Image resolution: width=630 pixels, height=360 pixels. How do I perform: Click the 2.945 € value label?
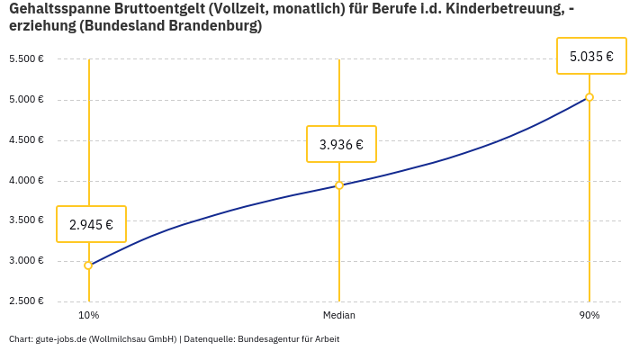[91, 224]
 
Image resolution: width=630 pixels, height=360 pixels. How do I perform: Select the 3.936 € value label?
[341, 144]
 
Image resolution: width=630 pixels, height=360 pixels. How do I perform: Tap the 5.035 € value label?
[590, 56]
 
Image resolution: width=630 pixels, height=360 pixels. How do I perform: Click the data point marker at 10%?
[88, 265]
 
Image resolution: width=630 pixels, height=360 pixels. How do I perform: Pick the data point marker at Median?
[339, 185]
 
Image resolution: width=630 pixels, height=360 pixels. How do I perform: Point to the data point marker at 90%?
[589, 97]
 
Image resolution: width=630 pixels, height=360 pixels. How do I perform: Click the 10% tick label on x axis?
[88, 315]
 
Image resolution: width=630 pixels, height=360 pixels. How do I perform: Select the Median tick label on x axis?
[339, 315]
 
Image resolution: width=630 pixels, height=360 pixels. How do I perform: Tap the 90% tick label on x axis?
[589, 315]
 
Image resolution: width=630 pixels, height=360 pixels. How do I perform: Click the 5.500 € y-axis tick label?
[26, 59]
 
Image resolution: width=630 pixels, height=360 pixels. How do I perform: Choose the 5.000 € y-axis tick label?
[26, 100]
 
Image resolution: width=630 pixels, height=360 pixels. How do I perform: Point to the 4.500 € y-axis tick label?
[26, 140]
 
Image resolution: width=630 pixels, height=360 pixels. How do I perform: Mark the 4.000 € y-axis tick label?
[26, 181]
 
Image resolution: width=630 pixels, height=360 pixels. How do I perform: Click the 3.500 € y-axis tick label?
[26, 220]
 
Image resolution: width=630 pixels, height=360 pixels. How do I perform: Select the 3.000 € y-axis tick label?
[26, 261]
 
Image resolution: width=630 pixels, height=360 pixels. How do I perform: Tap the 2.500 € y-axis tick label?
[26, 301]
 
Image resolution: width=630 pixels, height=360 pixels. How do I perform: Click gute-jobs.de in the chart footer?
[60, 339]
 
